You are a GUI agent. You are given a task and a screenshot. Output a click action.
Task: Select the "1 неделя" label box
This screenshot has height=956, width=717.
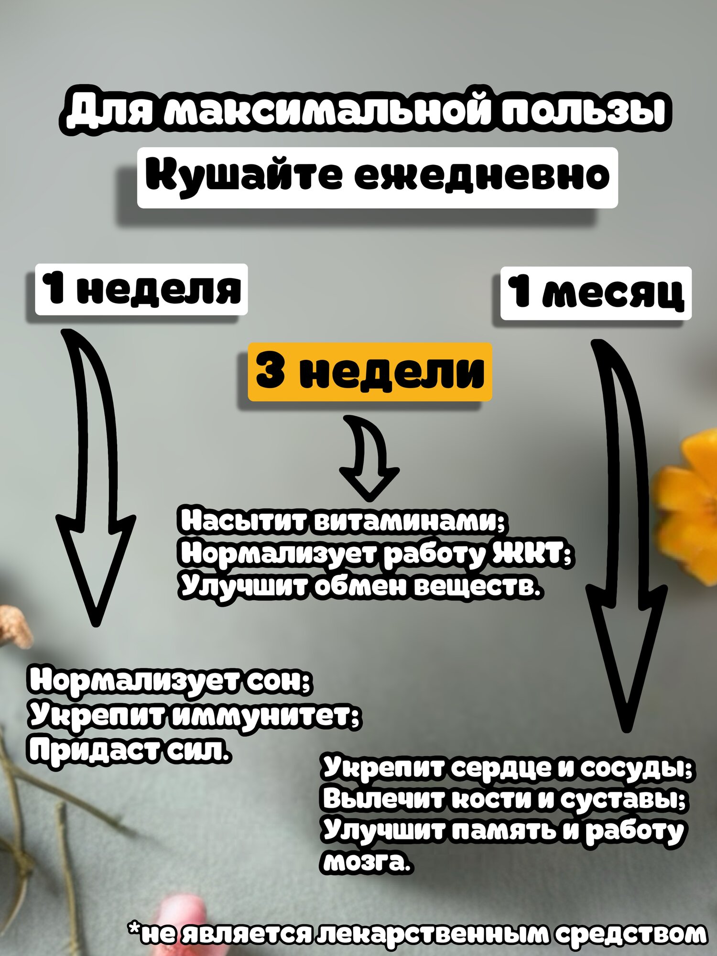[x=141, y=289]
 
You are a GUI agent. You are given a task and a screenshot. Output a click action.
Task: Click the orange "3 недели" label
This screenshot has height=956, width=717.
[x=369, y=372]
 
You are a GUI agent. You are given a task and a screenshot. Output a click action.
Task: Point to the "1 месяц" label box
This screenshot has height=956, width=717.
[x=596, y=293]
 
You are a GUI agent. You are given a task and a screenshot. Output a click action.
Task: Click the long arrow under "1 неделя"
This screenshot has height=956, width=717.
[x=96, y=478]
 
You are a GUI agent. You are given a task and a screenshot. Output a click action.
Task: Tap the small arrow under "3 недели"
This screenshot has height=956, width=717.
[x=369, y=456]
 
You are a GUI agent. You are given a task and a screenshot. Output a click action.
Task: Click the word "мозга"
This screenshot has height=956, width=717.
[x=366, y=862]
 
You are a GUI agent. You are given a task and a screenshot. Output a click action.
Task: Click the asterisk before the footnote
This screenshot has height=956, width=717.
[x=134, y=929]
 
